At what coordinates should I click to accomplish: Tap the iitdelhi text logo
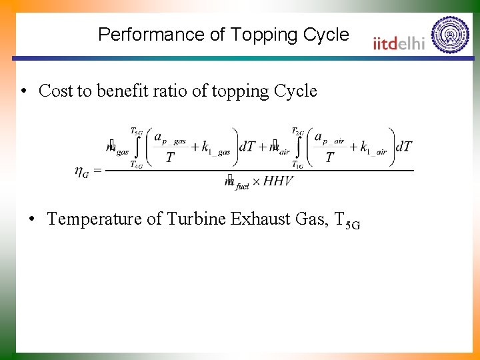(399, 43)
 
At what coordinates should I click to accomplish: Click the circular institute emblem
(450, 34)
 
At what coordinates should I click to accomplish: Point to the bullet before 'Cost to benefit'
(23, 91)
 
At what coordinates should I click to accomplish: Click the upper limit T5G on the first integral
(136, 131)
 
